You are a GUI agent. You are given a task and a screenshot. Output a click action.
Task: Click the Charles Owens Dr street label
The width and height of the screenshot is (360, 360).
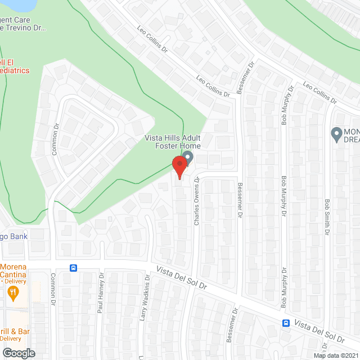[x=197, y=202]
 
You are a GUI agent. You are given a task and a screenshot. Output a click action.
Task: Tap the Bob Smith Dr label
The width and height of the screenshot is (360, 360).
[x=326, y=217]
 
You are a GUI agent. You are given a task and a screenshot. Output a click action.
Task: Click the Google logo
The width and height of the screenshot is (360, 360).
[x=18, y=353]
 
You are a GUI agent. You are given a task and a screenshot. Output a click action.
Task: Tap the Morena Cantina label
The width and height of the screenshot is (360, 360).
[x=17, y=269]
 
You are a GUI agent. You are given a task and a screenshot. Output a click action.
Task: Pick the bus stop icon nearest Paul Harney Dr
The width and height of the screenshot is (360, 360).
[x=73, y=268]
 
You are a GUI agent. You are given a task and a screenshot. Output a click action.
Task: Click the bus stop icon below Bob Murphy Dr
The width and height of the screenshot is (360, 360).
[x=286, y=323]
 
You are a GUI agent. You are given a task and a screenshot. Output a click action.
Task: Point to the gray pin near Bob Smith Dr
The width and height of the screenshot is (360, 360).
[x=336, y=134]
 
